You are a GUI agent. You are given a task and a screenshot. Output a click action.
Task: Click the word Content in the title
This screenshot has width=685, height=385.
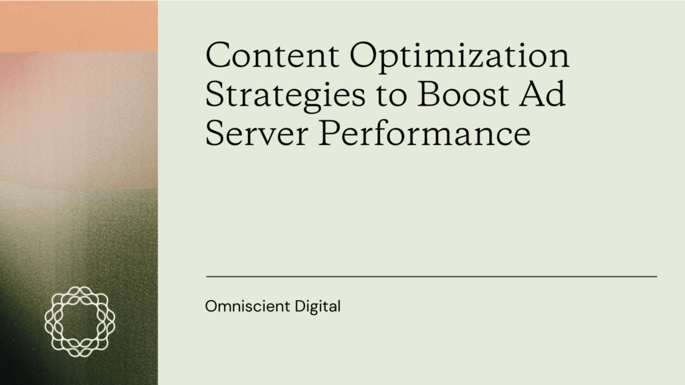[x=272, y=55]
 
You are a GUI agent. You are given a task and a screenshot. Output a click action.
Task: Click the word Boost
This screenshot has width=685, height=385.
[x=464, y=94]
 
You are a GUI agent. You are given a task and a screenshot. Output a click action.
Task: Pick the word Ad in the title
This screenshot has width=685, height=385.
[x=543, y=94]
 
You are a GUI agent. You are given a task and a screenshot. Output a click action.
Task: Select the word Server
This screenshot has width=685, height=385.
[x=257, y=133]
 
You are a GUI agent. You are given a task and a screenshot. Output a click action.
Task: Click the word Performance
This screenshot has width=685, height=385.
[x=425, y=133]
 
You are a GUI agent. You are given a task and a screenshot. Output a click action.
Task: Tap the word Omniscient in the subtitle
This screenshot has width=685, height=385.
[x=248, y=306]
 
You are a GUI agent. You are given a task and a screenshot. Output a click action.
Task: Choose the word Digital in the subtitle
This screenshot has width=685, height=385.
[x=318, y=307]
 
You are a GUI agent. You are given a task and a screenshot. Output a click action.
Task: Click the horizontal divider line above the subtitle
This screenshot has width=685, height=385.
[x=431, y=276]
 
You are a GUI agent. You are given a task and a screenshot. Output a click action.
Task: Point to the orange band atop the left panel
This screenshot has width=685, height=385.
[x=79, y=26]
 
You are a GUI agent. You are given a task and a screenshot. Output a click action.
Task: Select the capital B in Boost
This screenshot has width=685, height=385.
[x=429, y=94]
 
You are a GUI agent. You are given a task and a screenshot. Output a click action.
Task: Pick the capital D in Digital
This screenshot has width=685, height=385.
[x=300, y=306]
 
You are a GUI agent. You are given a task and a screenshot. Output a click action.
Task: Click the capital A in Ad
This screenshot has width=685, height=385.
[x=532, y=94]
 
